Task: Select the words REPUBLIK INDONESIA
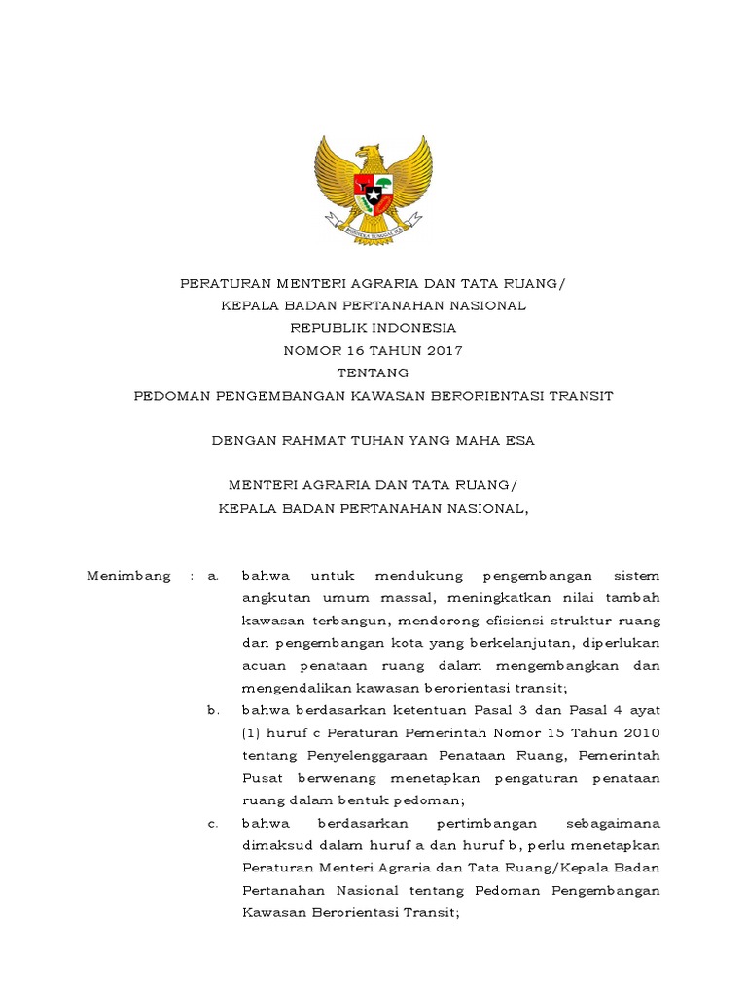tap(373, 328)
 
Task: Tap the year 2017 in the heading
tap(444, 350)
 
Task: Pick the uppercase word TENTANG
tap(373, 373)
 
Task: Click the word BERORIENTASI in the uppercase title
tap(499, 396)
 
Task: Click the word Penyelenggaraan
tap(367, 757)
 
